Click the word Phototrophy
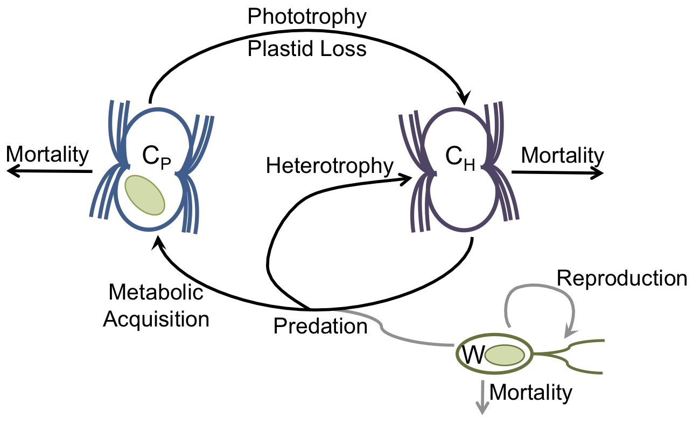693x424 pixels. click(x=307, y=17)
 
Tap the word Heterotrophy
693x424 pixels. click(x=330, y=166)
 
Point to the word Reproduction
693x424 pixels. click(x=622, y=278)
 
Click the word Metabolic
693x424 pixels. click(x=156, y=293)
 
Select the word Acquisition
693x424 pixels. click(x=156, y=319)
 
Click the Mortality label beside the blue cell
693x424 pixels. click(x=47, y=155)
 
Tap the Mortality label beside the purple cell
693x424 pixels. click(x=563, y=155)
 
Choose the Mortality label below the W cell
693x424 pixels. click(x=531, y=393)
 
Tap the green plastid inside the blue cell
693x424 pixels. click(x=145, y=194)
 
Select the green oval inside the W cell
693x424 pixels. click(x=505, y=356)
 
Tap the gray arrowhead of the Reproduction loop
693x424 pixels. click(x=569, y=335)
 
